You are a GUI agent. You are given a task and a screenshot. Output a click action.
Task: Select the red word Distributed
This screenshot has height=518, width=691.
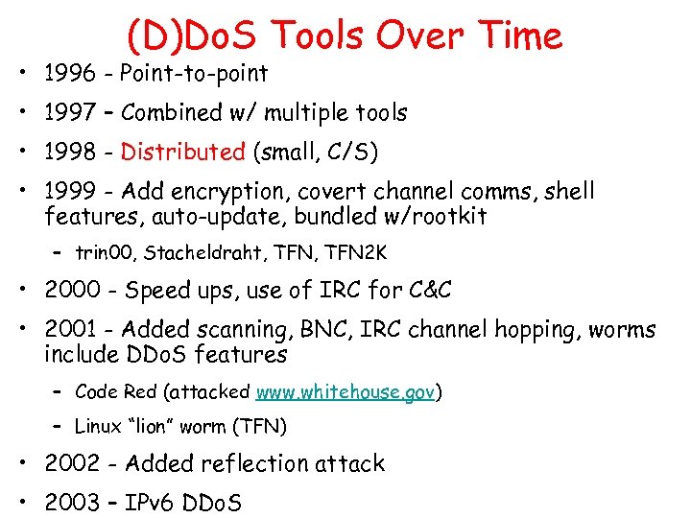pyautogui.click(x=183, y=152)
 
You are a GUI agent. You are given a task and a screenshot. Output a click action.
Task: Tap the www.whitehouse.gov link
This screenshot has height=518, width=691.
pyautogui.click(x=345, y=392)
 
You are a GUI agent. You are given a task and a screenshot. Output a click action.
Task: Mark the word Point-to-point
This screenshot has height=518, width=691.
pyautogui.click(x=194, y=73)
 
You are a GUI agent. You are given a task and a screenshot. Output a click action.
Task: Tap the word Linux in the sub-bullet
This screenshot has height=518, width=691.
pyautogui.click(x=99, y=426)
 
